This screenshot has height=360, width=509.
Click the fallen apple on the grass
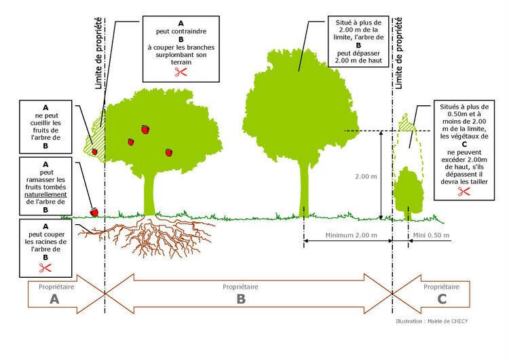tap(94, 212)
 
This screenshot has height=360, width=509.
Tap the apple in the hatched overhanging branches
tap(94, 151)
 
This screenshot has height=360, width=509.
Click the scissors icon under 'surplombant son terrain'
tap(181, 72)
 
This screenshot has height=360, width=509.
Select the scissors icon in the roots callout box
tap(45, 268)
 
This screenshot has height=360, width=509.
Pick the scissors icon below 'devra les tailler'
tap(464, 192)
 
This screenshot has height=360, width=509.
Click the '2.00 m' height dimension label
tap(366, 177)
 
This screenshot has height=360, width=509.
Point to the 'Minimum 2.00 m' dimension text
tap(352, 235)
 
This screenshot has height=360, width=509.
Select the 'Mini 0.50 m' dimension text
tap(431, 235)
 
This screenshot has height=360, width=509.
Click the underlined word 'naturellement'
tap(45, 195)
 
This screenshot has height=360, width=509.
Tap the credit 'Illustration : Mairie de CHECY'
tap(432, 321)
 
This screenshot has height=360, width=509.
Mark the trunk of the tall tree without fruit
tap(304, 190)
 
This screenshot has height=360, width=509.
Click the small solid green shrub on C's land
tap(409, 192)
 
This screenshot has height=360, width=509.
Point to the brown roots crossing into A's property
tap(92, 232)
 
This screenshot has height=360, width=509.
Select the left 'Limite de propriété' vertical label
tap(98, 53)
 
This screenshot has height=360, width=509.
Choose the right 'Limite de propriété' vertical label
tap(398, 53)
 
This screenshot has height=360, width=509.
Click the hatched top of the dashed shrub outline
tap(406, 124)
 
